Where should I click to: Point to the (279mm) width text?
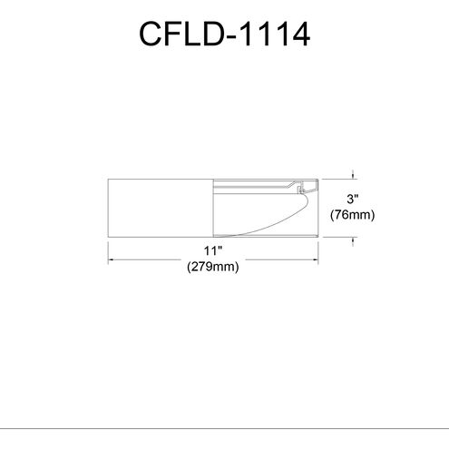pyautogui.click(x=212, y=267)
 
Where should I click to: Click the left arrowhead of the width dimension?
pyautogui.click(x=112, y=259)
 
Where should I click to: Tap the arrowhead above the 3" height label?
pyautogui.click(x=354, y=179)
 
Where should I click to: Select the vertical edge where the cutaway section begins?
pyautogui.click(x=211, y=206)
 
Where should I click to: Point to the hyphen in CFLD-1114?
pyautogui.click(x=234, y=38)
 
